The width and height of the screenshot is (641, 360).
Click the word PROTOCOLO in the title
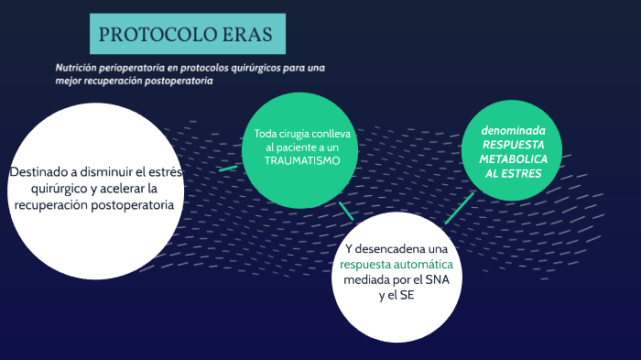pyautogui.click(x=145, y=35)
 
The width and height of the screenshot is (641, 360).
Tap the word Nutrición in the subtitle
pyautogui.click(x=76, y=68)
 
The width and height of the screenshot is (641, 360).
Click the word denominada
pyautogui.click(x=513, y=130)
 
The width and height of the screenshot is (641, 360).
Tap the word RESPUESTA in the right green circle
pyautogui.click(x=513, y=145)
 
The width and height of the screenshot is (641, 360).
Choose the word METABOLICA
pyautogui.click(x=513, y=159)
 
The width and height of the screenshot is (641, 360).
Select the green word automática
pyautogui.click(x=421, y=265)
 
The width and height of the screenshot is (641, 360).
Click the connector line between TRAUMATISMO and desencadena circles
pyautogui.click(x=345, y=211)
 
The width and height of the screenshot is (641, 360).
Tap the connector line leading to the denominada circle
pyautogui.click(x=460, y=208)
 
